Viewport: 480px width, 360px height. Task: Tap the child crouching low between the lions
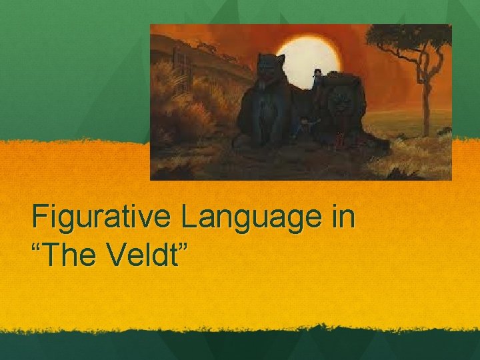click(305, 125)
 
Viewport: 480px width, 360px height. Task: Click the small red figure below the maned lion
click(340, 140)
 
